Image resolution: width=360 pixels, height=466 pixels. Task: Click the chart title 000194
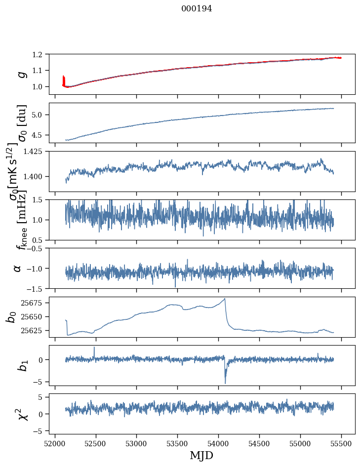click(197, 9)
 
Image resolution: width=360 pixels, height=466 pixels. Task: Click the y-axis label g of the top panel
click(21, 74)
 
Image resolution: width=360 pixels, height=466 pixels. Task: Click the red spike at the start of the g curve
click(64, 80)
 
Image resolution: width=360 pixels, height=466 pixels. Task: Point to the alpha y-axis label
click(17, 268)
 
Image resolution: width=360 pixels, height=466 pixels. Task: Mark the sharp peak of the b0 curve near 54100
click(225, 299)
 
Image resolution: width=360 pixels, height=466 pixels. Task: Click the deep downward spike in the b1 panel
click(225, 383)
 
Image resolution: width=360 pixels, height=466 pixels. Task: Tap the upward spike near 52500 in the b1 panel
click(94, 348)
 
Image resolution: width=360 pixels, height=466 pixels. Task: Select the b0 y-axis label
click(11, 316)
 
